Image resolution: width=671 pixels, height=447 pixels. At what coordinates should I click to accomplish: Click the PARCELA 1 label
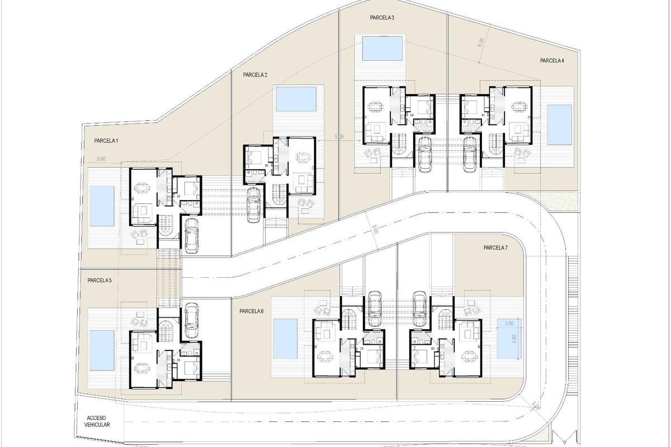106,142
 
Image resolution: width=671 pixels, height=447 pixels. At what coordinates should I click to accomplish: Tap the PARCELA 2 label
256,75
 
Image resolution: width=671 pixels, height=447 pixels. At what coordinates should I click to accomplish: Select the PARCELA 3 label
382,18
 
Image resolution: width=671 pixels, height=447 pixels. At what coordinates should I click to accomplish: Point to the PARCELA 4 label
552,60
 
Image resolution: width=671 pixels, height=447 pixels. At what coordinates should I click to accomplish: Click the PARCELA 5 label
100,280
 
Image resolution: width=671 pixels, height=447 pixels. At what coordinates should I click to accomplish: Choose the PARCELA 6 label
251,311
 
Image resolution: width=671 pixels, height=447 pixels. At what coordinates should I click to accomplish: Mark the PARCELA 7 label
495,248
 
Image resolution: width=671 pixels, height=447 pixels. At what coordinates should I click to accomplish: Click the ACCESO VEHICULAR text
98,421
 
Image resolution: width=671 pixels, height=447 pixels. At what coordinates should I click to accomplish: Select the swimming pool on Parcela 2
296,99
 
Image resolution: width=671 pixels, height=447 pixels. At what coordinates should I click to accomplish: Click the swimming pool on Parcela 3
382,48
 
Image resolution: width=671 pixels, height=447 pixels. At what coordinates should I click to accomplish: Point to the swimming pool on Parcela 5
102,350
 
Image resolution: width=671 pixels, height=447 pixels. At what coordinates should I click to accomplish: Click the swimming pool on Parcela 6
285,340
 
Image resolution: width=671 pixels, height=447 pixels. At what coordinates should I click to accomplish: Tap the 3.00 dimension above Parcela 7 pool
509,324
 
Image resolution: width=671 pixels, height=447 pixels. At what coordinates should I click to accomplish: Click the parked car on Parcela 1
192,235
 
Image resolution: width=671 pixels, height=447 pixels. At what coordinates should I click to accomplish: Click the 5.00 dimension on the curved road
375,229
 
